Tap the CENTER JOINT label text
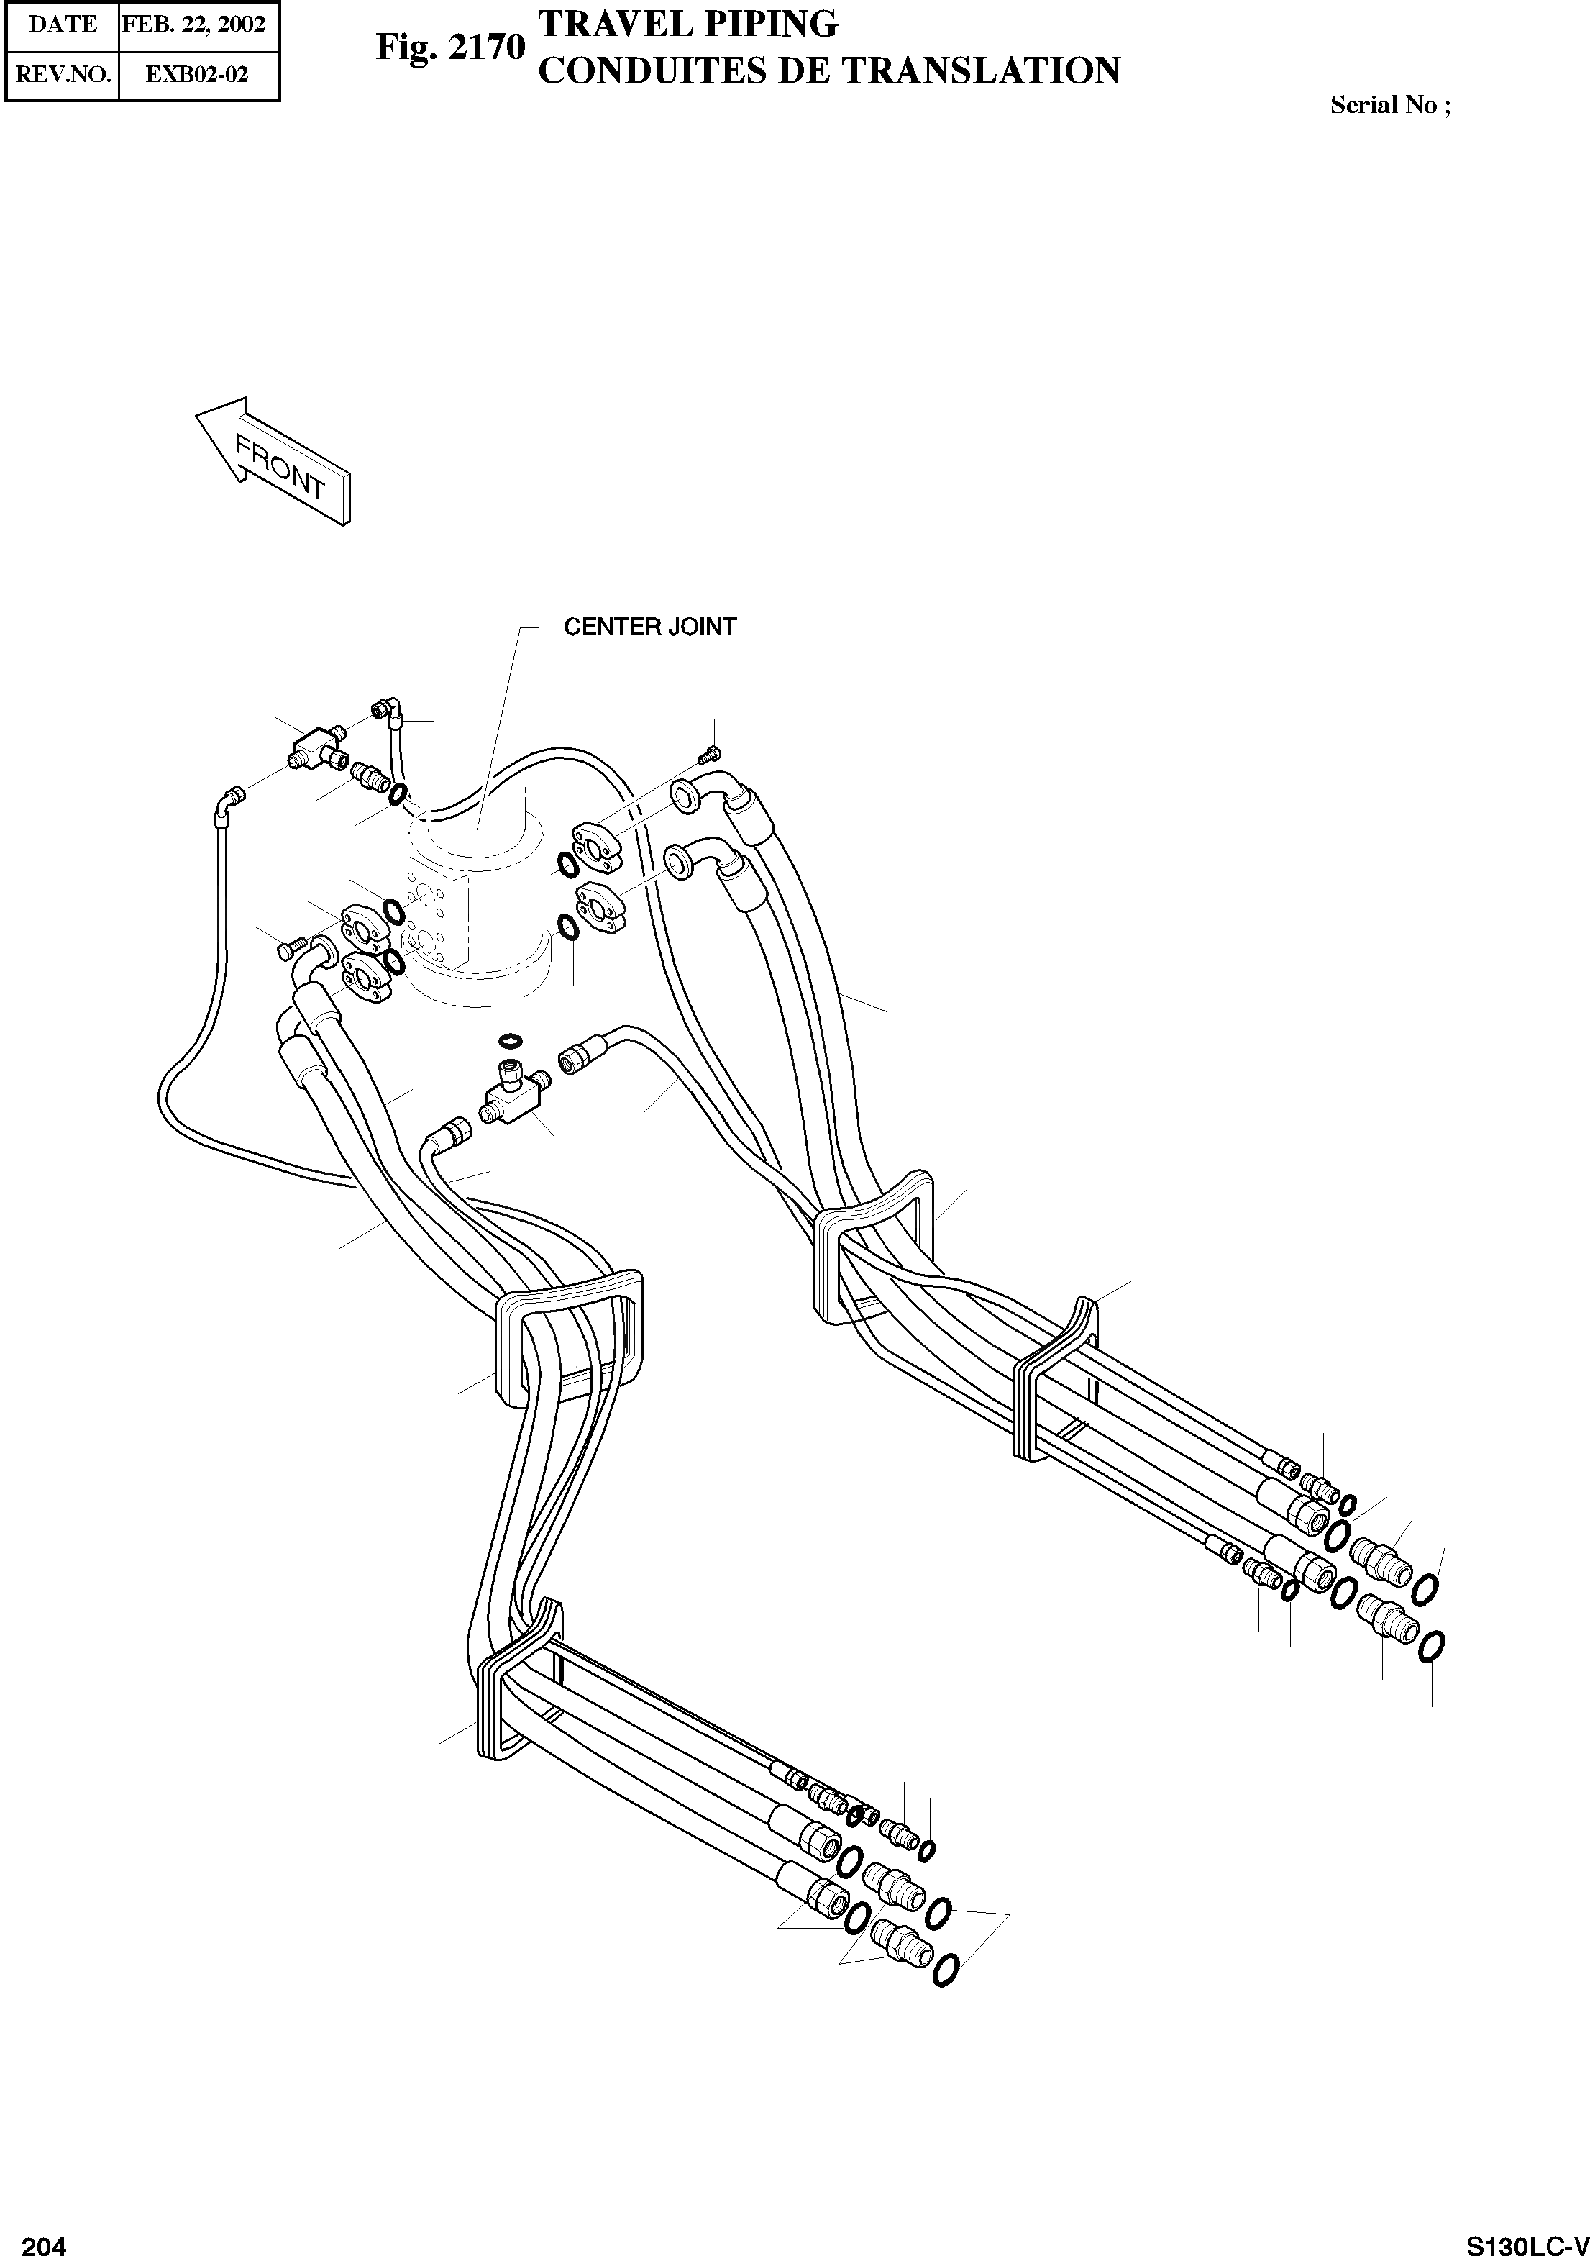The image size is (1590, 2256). (x=649, y=627)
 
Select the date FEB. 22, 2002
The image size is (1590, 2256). (x=194, y=24)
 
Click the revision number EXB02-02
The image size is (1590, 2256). (x=196, y=75)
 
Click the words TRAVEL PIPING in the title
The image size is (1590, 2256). (x=688, y=24)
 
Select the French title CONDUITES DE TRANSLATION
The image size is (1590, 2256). (x=830, y=70)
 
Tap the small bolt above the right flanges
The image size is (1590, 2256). (x=710, y=755)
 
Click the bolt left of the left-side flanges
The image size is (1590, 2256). (x=288, y=949)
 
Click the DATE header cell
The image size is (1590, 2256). (x=62, y=24)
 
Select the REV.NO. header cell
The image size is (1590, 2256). (x=62, y=75)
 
